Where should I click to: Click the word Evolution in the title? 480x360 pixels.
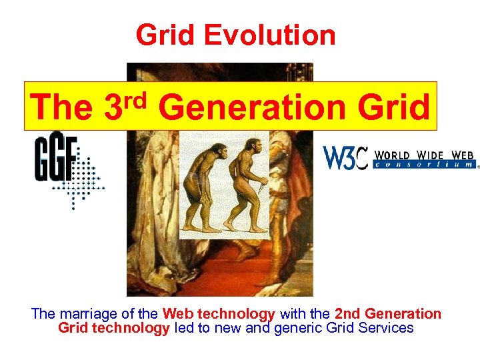(x=281, y=35)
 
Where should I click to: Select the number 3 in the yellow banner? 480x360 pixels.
(x=114, y=107)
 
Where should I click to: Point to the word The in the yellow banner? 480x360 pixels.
(x=61, y=107)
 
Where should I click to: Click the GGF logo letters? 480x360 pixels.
(x=56, y=158)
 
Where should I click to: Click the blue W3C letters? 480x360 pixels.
(x=345, y=158)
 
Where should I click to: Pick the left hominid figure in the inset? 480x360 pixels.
(x=203, y=190)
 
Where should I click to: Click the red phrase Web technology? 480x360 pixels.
(x=219, y=313)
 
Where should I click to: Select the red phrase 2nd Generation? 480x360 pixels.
(x=387, y=313)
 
